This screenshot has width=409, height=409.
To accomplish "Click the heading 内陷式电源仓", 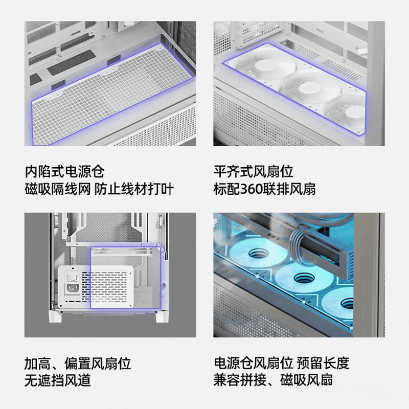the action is point(65,172).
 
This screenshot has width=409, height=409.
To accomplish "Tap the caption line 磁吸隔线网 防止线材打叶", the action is point(99,189).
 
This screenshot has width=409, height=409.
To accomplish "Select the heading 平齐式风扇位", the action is point(253,172).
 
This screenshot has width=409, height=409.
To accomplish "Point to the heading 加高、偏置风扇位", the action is point(78,363).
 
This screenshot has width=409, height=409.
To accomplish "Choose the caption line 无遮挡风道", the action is point(58,380).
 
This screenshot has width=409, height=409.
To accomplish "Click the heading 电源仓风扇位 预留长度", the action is point(282,363).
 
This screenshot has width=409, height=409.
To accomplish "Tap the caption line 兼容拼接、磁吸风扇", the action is point(273,380).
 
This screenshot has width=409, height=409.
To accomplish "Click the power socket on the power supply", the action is point(72,288).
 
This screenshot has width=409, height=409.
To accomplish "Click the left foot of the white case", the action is point(55,316).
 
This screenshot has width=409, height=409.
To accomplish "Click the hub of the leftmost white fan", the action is point(263,66).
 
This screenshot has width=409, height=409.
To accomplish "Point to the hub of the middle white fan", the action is point(309,89).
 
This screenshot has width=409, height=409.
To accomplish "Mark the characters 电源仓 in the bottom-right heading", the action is point(234,363).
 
